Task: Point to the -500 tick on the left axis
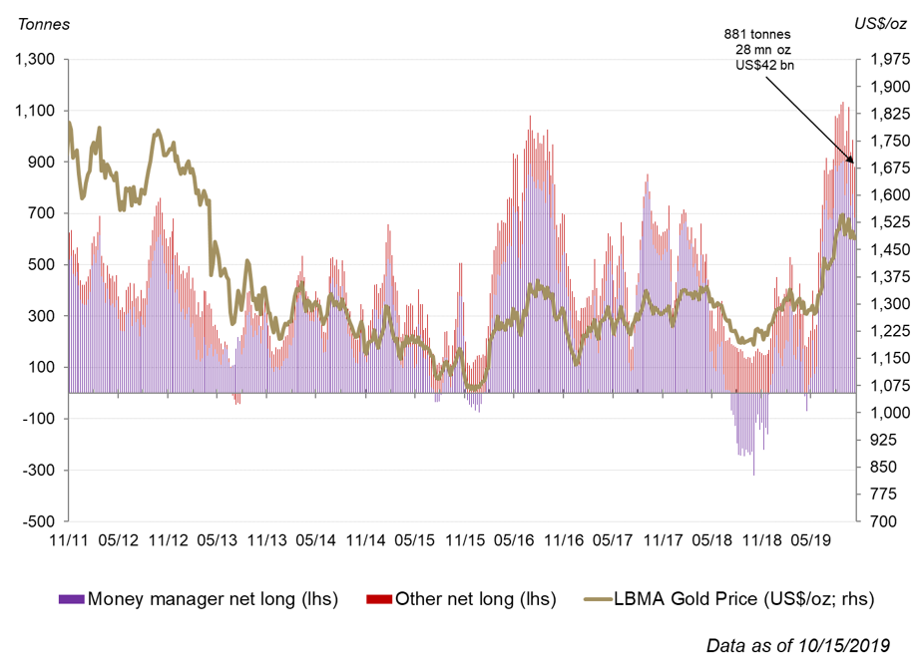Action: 37,520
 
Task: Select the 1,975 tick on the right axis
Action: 881,60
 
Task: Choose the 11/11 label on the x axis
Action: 69,539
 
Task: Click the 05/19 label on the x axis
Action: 811,539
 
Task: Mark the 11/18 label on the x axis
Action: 761,539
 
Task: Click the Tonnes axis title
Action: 39,24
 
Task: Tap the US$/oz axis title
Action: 878,22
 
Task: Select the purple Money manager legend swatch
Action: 71,599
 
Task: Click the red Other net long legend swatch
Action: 379,599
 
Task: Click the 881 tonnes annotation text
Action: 757,35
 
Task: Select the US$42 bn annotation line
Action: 763,65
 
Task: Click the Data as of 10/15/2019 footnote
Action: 797,644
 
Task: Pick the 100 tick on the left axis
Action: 41,367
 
